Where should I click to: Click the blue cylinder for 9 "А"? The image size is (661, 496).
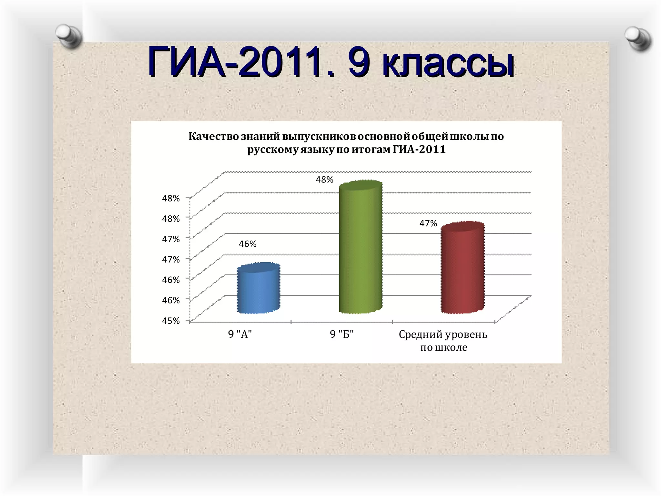258,289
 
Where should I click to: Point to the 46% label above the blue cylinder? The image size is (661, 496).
248,244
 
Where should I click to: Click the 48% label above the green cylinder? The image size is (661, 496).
324,180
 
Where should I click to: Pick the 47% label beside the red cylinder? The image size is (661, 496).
428,223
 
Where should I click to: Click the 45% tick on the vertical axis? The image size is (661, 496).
171,321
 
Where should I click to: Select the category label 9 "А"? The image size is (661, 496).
240,334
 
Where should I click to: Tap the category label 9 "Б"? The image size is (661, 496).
342,334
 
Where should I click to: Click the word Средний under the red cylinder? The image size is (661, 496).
420,335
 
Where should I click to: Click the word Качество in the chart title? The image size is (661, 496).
214,137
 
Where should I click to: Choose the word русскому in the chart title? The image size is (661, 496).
273,150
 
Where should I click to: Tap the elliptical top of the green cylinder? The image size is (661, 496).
361,186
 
